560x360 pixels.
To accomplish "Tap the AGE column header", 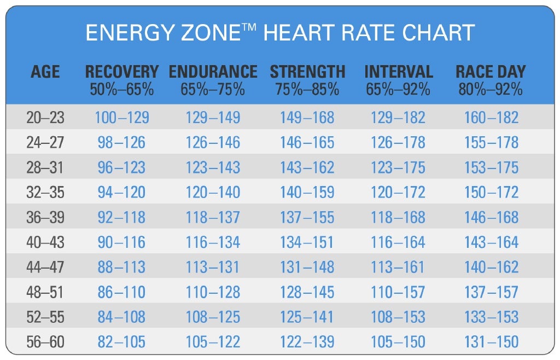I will click(45, 72).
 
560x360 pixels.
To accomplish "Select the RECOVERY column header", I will click(121, 72).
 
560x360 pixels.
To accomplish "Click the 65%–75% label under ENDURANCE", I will click(213, 89).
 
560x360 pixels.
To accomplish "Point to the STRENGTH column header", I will click(307, 72).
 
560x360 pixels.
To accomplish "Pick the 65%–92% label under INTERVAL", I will click(398, 89).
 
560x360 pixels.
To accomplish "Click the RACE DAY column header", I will click(491, 72).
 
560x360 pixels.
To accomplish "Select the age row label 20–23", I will click(45, 117).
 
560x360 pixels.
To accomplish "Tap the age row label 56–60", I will click(45, 342).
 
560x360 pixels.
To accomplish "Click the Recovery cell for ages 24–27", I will click(121, 142).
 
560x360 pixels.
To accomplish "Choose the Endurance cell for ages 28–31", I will click(213, 167).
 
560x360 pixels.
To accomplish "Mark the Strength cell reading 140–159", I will click(307, 192).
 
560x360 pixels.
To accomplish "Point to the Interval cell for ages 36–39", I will click(398, 217).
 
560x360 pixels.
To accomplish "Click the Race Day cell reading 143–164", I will click(491, 242).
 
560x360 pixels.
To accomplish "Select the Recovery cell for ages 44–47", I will click(121, 267).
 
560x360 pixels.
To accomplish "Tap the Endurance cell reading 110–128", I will click(213, 292).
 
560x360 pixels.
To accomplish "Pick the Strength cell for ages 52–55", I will click(307, 317).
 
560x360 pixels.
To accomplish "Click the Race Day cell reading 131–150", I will click(491, 342).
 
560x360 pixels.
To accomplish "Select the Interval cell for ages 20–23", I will click(398, 117).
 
